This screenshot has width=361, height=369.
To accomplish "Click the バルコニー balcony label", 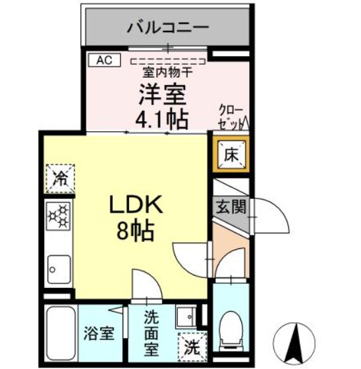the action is coord(168,27).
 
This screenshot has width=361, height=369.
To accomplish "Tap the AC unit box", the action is coord(105,60).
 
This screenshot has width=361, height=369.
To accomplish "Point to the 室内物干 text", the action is coord(167,72).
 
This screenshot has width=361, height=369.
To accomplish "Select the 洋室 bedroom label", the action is coord(162,95).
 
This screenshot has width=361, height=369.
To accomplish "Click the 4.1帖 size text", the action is coord(162,119).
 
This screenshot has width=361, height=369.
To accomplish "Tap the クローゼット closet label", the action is coord(231,117).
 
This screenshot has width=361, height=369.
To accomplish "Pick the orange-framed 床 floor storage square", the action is coord(231,156).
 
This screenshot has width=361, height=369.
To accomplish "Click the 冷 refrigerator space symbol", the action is coord(60,179).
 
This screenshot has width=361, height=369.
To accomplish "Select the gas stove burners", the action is coord(59,216).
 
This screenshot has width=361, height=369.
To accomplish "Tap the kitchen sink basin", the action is coord(59,269).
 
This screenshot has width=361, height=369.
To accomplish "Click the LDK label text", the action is coord(136,204).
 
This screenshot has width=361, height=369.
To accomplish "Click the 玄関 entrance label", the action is coord(231,207).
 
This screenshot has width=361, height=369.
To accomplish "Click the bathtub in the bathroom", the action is coord(61,333).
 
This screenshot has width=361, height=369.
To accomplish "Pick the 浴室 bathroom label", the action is coord(99,333).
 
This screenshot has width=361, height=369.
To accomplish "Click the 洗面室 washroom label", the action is coord(152,333).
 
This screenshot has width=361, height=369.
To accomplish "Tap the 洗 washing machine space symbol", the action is coord(192,347).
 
